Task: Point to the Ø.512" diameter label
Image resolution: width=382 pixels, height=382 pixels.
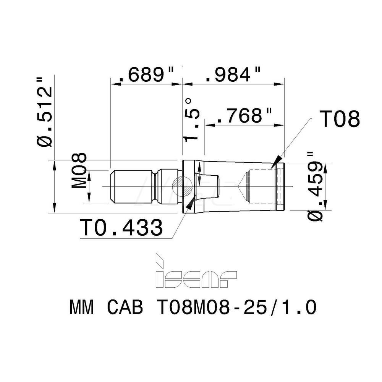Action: (45, 111)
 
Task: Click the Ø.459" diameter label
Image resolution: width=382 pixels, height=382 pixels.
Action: (315, 186)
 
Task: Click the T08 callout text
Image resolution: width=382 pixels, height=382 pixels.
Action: (339, 120)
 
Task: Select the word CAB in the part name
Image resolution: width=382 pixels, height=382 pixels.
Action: (123, 307)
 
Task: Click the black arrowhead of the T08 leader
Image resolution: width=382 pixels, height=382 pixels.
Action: (277, 160)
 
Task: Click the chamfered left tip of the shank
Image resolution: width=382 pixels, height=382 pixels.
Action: (112, 186)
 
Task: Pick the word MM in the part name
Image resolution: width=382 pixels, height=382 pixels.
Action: (81, 307)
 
